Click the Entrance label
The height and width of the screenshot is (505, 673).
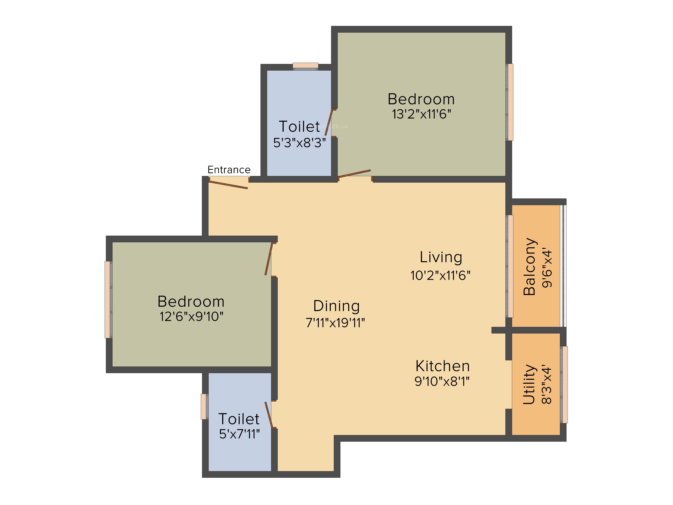(229, 170)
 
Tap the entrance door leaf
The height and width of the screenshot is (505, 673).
(228, 185)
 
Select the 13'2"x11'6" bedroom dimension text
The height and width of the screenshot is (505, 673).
(421, 114)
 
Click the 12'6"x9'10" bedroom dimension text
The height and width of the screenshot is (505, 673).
(191, 317)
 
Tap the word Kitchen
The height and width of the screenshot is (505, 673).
(443, 366)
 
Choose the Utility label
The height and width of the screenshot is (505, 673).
(529, 384)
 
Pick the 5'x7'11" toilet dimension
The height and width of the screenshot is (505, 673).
(239, 434)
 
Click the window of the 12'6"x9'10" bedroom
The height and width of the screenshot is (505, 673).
(108, 299)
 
